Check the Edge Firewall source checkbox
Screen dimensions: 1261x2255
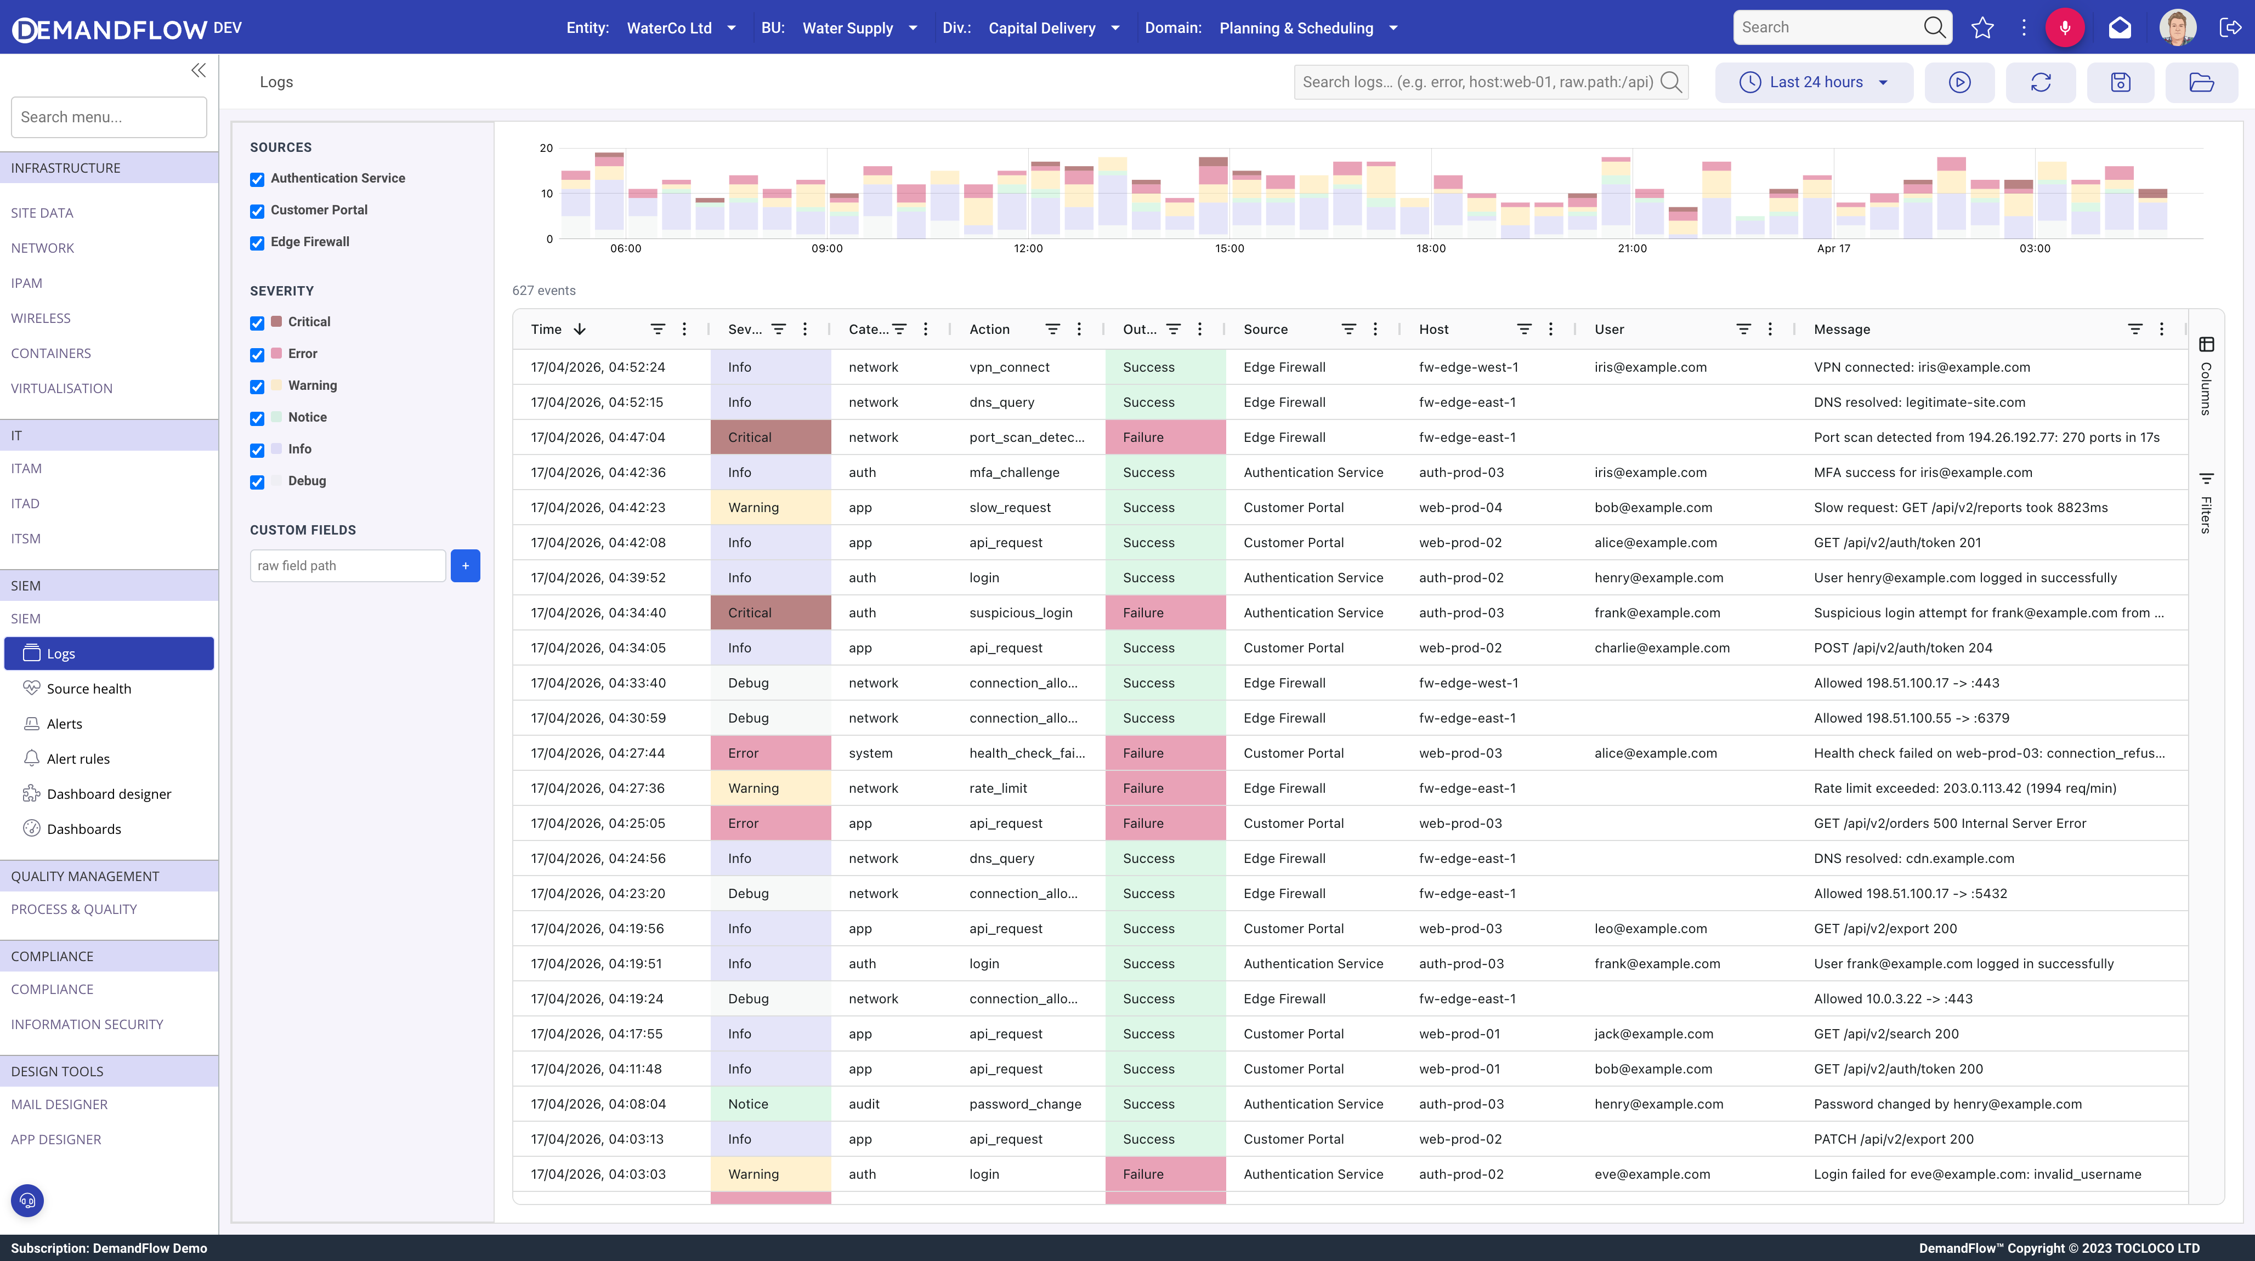257,243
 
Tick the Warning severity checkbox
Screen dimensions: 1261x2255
257,387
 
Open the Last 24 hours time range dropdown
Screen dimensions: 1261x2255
1814,82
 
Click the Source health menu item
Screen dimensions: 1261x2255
88,689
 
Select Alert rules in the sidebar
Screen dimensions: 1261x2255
78,759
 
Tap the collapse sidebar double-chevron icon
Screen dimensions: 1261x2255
199,70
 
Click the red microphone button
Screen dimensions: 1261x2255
2064,28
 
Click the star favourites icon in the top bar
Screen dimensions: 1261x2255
1983,28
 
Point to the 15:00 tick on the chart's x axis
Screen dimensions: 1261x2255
1229,248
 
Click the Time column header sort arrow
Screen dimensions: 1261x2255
580,329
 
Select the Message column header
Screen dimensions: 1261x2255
1842,329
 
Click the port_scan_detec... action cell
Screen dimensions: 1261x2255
1027,438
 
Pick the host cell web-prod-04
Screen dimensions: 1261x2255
1460,508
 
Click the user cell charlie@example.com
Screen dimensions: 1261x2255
1662,647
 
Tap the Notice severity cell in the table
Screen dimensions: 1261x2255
749,1104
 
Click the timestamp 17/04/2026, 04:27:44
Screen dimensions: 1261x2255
598,753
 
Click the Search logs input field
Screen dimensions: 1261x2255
1478,82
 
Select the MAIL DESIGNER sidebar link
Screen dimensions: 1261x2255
60,1104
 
